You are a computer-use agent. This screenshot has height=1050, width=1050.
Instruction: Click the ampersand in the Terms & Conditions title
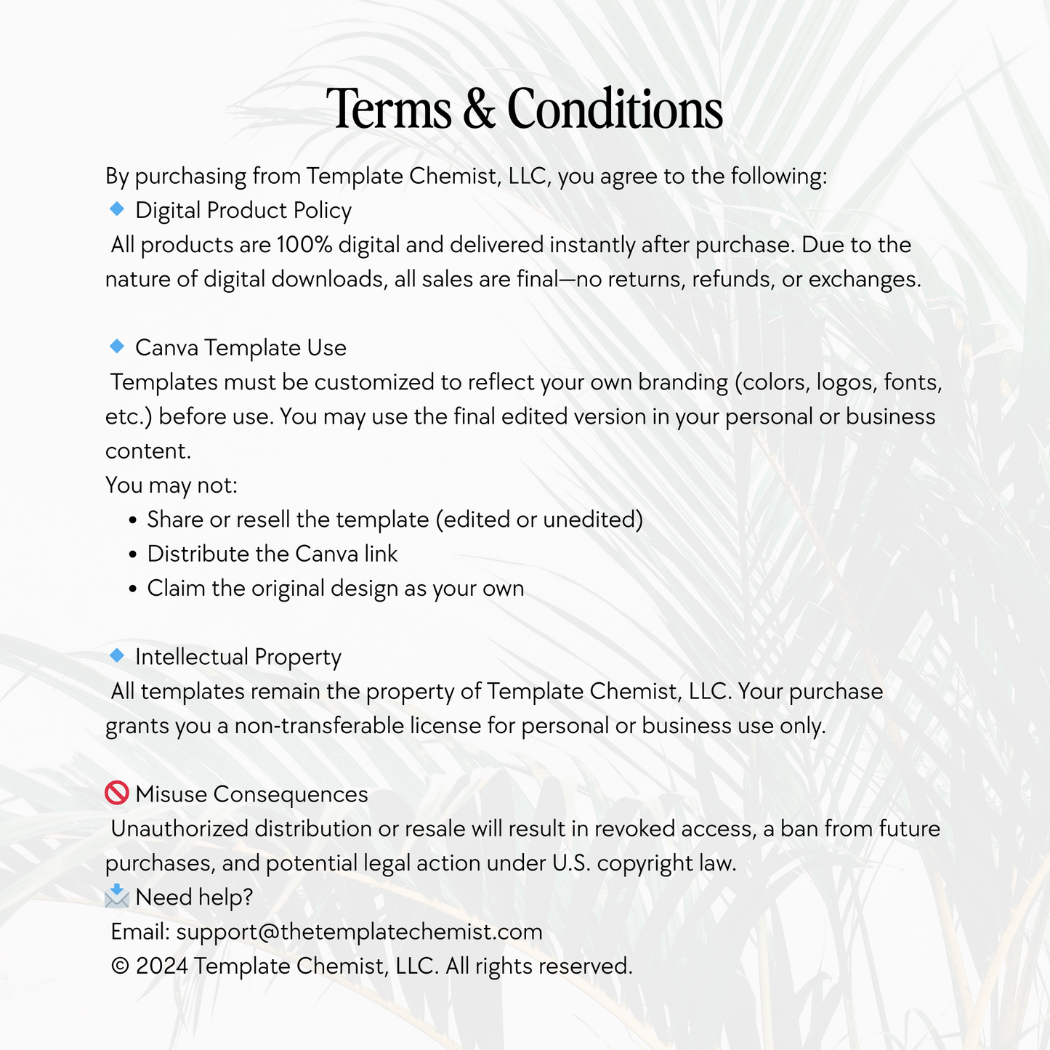478,109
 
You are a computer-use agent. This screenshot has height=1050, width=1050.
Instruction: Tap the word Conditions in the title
615,109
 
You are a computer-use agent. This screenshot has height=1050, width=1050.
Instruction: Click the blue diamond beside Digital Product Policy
116,209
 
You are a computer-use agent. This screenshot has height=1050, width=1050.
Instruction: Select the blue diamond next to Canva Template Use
116,347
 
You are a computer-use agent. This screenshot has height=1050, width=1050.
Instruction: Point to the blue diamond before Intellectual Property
116,655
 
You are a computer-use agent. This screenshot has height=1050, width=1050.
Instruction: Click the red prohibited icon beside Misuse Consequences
116,793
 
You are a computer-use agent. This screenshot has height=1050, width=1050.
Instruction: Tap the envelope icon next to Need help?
116,897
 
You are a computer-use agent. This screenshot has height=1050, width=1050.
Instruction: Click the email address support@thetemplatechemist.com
359,932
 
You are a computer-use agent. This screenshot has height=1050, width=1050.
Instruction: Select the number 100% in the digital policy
304,245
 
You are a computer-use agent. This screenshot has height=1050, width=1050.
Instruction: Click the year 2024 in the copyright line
161,966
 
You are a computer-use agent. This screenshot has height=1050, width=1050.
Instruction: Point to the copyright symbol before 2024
120,966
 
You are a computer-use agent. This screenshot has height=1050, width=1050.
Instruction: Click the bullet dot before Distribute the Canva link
132,555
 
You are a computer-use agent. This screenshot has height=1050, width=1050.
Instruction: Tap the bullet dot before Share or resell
132,521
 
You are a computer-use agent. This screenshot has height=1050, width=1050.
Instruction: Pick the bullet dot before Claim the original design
132,589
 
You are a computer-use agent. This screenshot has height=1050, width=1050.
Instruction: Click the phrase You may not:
171,485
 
